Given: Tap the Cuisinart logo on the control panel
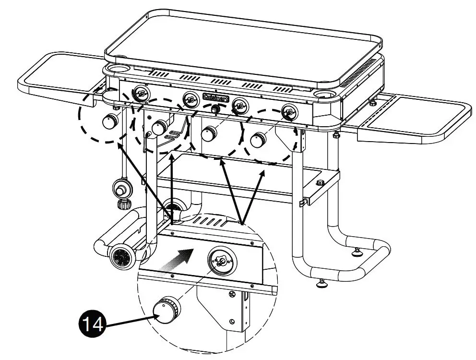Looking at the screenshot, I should [x=215, y=98].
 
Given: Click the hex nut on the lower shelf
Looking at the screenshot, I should [x=320, y=182].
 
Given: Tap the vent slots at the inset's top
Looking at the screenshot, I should [x=211, y=221].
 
